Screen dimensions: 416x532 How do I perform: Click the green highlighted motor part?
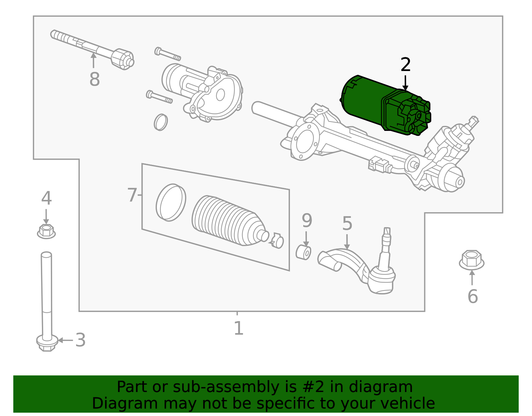(x=382, y=103)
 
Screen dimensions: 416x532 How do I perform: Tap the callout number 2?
(x=405, y=65)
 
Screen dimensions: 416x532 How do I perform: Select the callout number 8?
(x=94, y=80)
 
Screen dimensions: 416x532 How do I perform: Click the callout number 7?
(x=132, y=195)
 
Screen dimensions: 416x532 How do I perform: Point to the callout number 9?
(x=307, y=220)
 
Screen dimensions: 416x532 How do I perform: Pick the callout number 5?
(x=347, y=223)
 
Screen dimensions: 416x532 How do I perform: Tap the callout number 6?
(x=472, y=296)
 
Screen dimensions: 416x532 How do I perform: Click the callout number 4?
(x=46, y=199)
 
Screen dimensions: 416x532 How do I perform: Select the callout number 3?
(x=80, y=340)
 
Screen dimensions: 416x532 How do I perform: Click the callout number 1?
(x=238, y=329)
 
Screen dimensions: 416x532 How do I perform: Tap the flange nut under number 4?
(x=46, y=231)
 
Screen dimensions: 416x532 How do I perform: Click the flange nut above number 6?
(x=471, y=259)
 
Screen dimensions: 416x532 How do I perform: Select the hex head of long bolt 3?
(x=47, y=343)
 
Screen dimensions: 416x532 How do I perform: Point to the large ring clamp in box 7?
(x=171, y=202)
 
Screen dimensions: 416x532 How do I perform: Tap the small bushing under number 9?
(x=303, y=252)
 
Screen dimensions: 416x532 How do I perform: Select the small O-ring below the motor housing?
(x=161, y=122)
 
